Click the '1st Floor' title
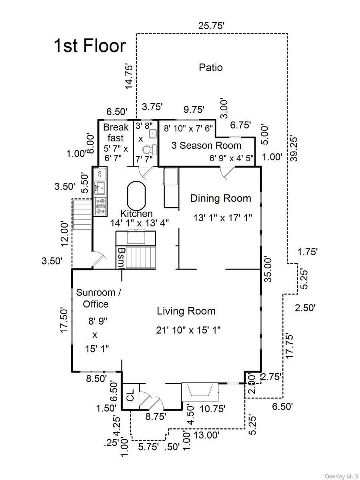tap(90, 46)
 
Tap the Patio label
tap(211, 67)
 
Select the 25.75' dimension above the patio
tap(211, 26)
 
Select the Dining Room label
tap(220, 198)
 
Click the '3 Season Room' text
tap(206, 146)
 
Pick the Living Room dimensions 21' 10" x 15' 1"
tap(188, 330)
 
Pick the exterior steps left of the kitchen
tap(82, 215)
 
